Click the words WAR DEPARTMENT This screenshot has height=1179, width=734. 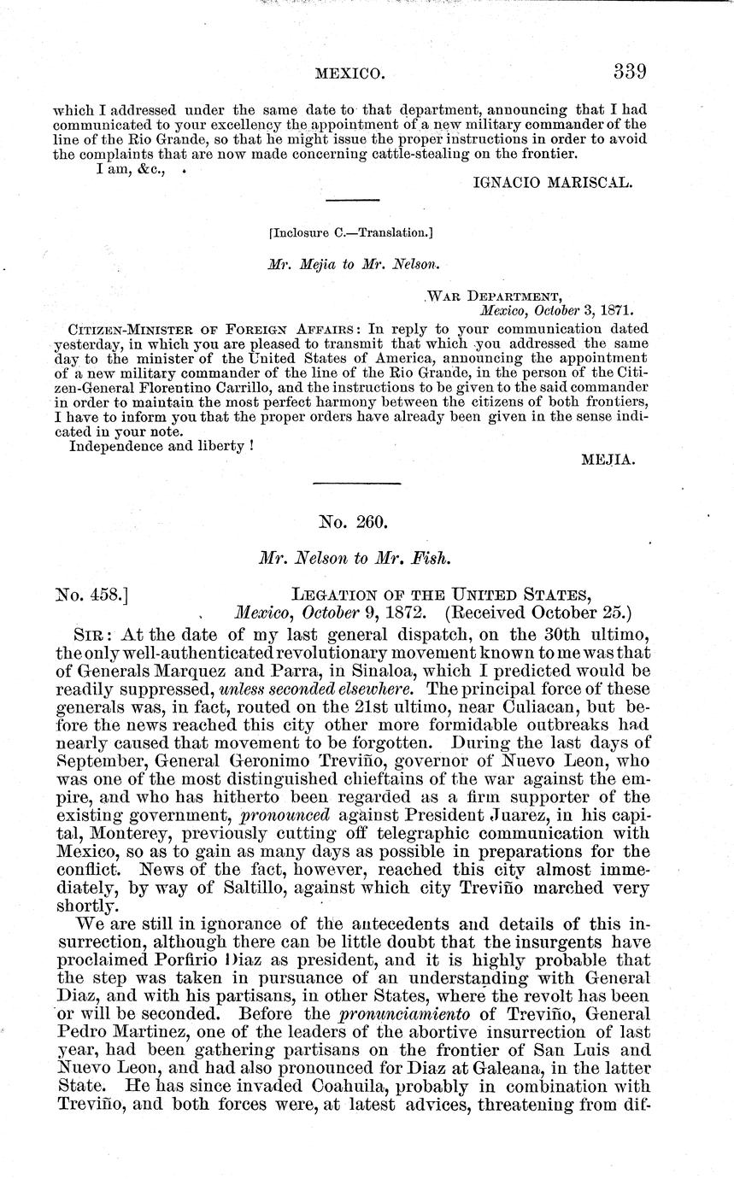tap(495, 297)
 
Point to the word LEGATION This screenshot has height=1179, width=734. tap(338, 592)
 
